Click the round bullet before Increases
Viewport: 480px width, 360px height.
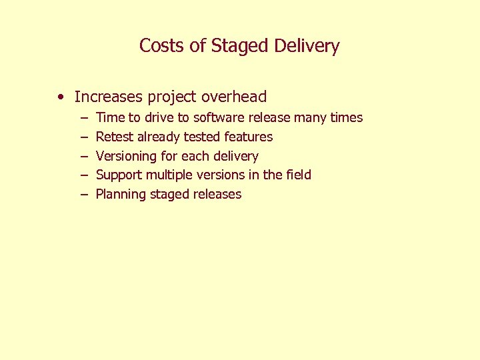click(61, 97)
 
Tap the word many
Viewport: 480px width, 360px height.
click(310, 118)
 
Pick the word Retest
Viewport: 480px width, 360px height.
click(115, 137)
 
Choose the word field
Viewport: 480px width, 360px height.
click(299, 175)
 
